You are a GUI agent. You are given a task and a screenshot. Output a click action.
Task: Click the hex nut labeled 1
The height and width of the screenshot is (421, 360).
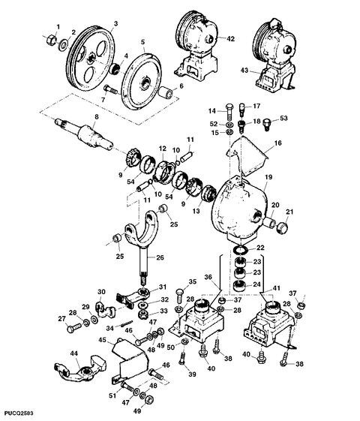tap(51, 41)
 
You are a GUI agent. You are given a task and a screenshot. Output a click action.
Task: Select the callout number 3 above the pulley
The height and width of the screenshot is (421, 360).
tap(115, 23)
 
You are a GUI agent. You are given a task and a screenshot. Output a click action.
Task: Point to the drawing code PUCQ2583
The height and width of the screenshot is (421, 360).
tap(16, 413)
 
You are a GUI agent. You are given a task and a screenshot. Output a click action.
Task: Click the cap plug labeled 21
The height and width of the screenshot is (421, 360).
tap(283, 228)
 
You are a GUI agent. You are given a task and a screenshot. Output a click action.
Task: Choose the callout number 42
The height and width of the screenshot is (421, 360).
tap(230, 39)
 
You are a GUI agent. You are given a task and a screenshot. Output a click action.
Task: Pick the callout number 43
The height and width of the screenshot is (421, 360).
tap(244, 71)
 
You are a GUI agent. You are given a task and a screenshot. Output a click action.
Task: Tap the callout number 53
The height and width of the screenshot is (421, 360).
tap(283, 118)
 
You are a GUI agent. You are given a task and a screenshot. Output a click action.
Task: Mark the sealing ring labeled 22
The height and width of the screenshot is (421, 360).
tap(241, 250)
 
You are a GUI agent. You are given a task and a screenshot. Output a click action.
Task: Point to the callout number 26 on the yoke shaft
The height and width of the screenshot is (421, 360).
tap(160, 257)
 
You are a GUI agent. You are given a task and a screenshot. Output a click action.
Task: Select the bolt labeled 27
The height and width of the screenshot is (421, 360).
tap(73, 328)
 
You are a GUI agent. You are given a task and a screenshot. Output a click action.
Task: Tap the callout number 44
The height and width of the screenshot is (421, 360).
tap(74, 353)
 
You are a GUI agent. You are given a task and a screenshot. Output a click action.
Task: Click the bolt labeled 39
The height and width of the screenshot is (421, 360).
tap(182, 358)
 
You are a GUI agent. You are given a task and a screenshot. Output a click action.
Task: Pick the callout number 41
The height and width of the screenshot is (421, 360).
tap(276, 288)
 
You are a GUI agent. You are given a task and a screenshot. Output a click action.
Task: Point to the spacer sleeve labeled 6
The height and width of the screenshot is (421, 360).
tap(166, 93)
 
